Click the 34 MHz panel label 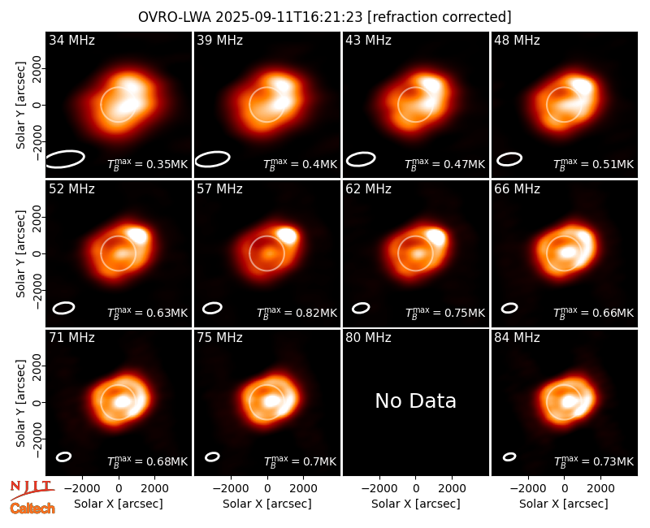[x=71, y=40]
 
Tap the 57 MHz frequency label [x=219, y=189]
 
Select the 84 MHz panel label [x=517, y=338]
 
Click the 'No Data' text [x=416, y=400]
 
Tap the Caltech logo [x=32, y=509]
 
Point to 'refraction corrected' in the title [x=440, y=17]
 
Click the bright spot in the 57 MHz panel [x=288, y=236]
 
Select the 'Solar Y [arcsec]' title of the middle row [x=20, y=253]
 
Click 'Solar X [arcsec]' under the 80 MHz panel [x=416, y=504]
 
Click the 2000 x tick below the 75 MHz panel [x=303, y=489]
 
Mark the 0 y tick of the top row [x=37, y=105]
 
